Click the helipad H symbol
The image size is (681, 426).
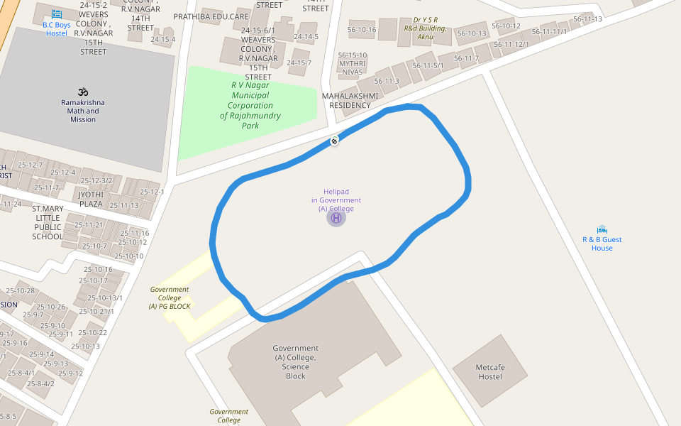336,218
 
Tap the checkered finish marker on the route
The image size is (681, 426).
334,141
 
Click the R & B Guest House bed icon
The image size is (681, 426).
602,229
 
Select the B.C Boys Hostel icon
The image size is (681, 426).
57,14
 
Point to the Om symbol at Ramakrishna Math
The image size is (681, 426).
83,92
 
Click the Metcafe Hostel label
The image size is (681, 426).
489,371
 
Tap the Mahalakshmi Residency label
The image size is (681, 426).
346,100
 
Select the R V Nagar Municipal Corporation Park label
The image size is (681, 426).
250,105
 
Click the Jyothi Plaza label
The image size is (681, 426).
91,199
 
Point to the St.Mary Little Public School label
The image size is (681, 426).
48,222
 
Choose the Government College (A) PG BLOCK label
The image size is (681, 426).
170,297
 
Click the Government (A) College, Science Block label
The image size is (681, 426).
296,362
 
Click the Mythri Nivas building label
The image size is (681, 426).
352,67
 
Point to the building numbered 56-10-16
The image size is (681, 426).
362,30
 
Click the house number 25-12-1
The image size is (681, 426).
152,192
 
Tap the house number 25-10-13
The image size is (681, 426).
85,346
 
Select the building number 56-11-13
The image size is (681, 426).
587,19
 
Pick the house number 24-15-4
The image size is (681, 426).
162,39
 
